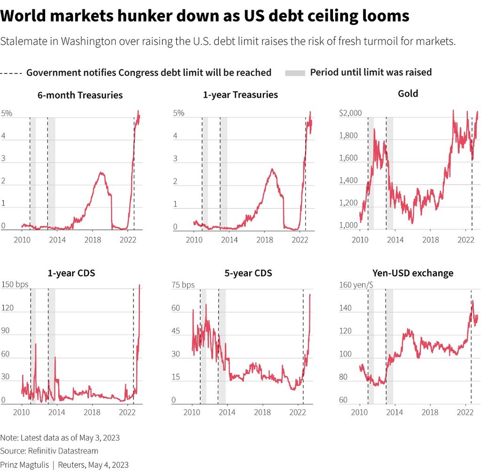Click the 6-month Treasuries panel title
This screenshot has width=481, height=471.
pos(80,95)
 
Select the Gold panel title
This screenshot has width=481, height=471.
pos(408,94)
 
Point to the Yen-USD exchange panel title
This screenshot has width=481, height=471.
pos(412,273)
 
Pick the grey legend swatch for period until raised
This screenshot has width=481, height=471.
pos(295,73)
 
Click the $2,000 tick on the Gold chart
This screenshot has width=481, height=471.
pos(350,114)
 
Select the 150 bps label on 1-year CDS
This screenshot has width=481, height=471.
pos(16,284)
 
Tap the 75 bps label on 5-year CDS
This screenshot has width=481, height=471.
pos(183,285)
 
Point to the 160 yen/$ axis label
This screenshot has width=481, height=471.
pos(357,285)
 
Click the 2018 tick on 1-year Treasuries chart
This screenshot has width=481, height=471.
pos(264,240)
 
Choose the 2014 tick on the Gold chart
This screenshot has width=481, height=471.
pos(395,239)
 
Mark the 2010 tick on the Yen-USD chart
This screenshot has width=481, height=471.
pos(360,411)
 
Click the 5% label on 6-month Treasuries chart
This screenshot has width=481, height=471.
pos(7,114)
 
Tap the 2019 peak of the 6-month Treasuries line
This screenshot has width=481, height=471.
pos(101,173)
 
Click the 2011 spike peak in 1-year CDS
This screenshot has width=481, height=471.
pos(35,344)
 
